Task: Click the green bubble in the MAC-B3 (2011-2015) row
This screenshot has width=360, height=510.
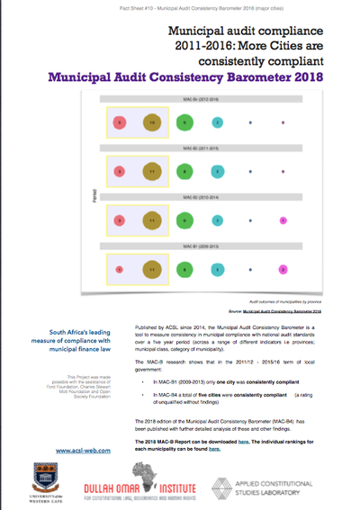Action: [x=184, y=171]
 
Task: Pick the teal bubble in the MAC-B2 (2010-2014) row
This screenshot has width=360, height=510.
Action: [x=216, y=219]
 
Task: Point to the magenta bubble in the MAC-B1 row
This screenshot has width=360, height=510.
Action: [x=282, y=268]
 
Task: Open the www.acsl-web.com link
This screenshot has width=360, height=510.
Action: [x=76, y=450]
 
